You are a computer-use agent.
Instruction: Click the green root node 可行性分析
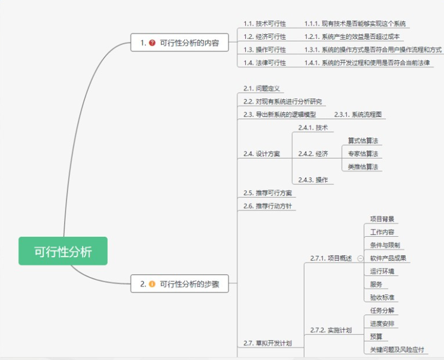(x=63, y=251)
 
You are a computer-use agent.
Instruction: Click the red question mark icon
(x=152, y=43)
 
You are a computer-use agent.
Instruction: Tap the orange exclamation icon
(x=152, y=284)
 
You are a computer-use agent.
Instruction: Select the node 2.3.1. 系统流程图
(x=357, y=114)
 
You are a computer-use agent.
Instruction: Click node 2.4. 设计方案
(x=261, y=154)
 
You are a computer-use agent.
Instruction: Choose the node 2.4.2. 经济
(x=313, y=154)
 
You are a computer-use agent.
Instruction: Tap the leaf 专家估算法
(x=363, y=154)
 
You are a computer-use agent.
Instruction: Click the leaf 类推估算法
(x=363, y=167)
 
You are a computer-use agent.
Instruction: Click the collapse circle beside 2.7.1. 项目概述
(x=360, y=258)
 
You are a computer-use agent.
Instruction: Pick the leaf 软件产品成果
(x=388, y=258)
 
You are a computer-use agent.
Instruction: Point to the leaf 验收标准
(x=382, y=297)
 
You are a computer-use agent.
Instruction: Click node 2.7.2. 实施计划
(x=331, y=330)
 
